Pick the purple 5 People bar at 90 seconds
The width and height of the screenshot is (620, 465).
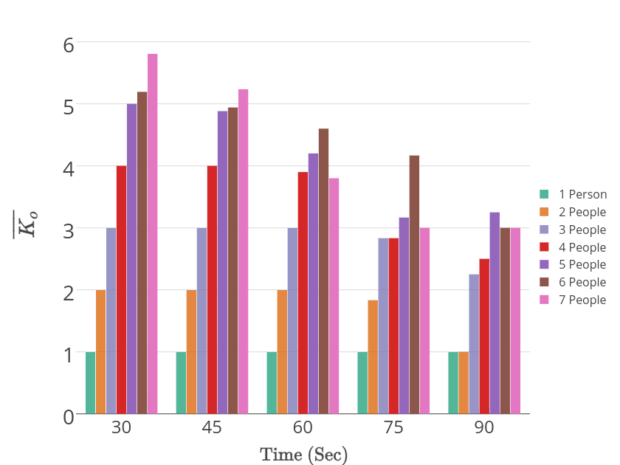click(x=495, y=313)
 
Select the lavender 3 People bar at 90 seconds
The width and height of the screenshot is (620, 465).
click(x=474, y=344)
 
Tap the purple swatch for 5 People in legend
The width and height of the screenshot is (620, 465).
click(x=545, y=265)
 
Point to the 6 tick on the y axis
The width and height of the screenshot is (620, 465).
click(x=69, y=44)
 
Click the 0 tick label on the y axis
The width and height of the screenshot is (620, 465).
click(x=69, y=416)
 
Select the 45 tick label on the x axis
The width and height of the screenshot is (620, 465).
click(x=212, y=429)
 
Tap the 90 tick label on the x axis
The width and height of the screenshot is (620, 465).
click(x=484, y=429)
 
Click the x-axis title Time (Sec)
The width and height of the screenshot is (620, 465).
click(x=303, y=455)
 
